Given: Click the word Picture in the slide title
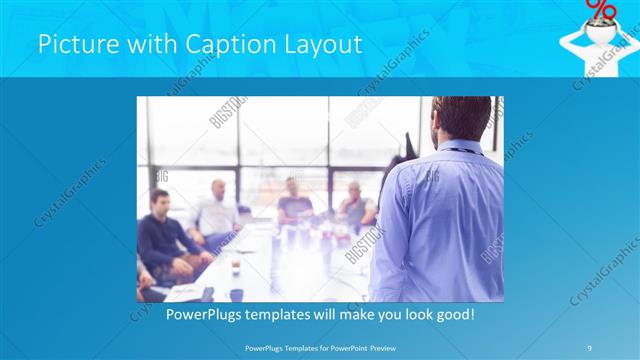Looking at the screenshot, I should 72,45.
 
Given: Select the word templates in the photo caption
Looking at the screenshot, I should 277,313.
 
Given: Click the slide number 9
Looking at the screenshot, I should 590,347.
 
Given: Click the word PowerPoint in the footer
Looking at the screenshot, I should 352,347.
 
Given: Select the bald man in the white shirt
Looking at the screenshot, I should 218,210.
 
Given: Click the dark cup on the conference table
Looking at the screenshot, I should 236,295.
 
